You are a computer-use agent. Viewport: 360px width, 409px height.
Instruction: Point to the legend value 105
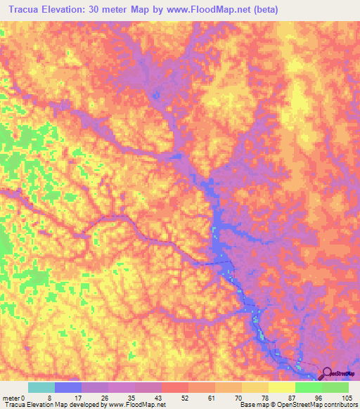click(346, 397)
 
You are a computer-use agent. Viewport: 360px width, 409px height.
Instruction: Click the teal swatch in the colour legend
click(41, 387)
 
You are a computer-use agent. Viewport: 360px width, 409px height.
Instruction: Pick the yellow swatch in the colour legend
click(282, 387)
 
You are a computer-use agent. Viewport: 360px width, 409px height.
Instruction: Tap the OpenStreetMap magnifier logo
click(328, 374)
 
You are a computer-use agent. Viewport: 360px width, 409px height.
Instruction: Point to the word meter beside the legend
click(12, 397)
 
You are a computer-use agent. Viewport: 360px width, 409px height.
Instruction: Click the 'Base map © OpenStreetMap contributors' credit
click(296, 405)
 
